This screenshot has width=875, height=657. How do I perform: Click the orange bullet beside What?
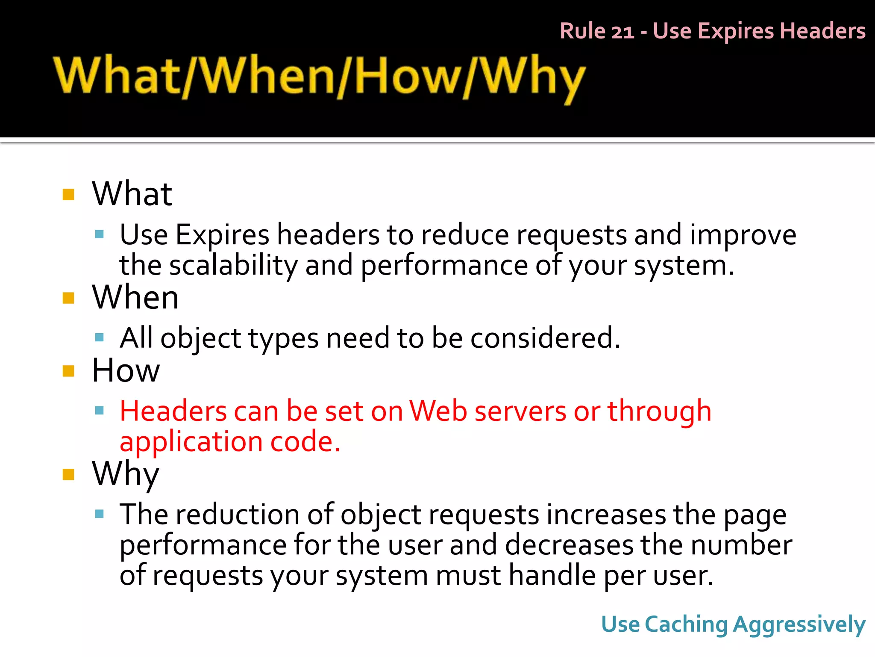[68, 195]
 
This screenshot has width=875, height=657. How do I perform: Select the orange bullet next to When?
[68, 298]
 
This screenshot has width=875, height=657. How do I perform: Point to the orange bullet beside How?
[68, 371]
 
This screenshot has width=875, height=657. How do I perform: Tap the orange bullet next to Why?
[68, 474]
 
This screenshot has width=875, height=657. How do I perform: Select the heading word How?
[126, 370]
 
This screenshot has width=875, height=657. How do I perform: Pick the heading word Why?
[126, 475]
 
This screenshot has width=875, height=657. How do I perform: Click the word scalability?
[233, 266]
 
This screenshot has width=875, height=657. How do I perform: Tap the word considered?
[545, 338]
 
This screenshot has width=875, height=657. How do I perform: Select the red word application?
[191, 442]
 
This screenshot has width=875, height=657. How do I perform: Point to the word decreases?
[570, 545]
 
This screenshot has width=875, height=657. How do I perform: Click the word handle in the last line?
[552, 576]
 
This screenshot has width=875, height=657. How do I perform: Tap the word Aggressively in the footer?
[799, 625]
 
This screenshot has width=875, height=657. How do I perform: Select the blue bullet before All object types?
[100, 338]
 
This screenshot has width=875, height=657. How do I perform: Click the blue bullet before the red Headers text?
[100, 411]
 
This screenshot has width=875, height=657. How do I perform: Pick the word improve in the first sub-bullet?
[743, 235]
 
